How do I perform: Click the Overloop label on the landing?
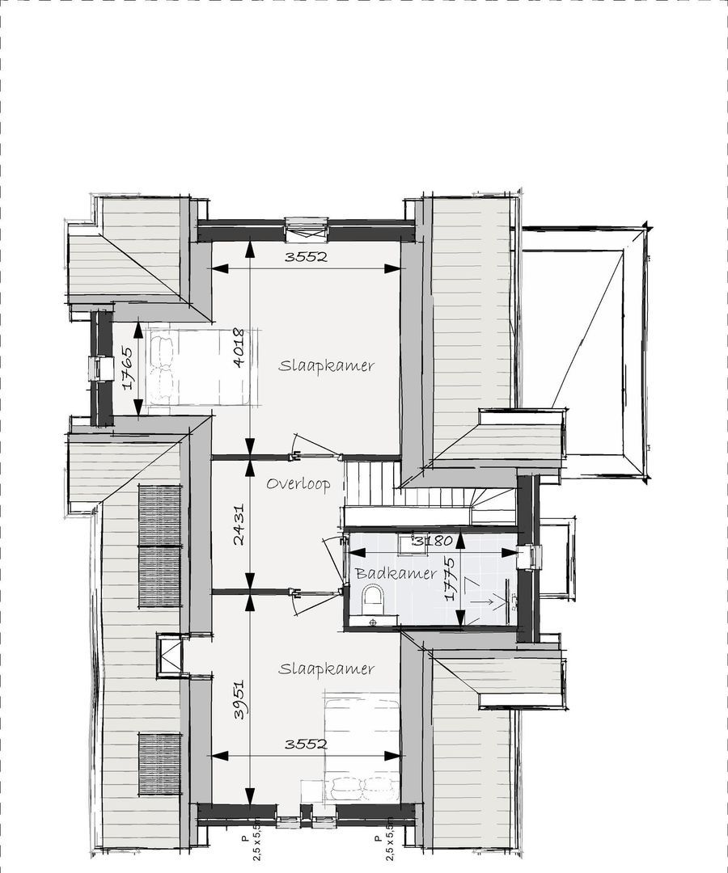click(x=298, y=484)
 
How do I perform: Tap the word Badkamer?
click(x=396, y=573)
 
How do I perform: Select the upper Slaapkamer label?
click(x=326, y=365)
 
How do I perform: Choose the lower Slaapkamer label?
click(x=326, y=668)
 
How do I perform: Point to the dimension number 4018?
click(x=238, y=348)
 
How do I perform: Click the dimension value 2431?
click(x=239, y=525)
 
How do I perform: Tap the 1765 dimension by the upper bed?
click(x=129, y=369)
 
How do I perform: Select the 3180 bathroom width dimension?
click(x=432, y=540)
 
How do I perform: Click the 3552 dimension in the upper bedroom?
click(x=306, y=257)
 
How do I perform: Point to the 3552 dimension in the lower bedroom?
click(x=306, y=744)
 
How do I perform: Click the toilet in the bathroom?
click(x=373, y=599)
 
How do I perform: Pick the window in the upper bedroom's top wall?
click(x=306, y=229)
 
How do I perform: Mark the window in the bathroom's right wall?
click(x=533, y=556)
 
